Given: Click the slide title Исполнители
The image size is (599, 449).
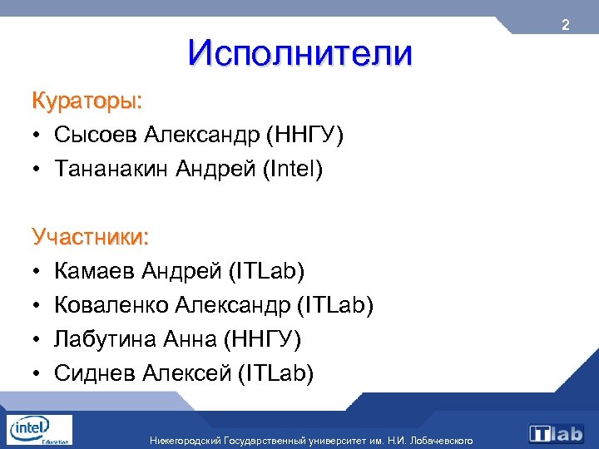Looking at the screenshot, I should click(299, 54).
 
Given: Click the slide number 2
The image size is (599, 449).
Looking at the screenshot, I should click(565, 26).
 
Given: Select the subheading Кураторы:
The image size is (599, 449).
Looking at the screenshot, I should click(87, 101).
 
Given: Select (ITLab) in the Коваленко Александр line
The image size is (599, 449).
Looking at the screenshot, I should click(335, 305).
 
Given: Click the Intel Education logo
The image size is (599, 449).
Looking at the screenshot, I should click(38, 430).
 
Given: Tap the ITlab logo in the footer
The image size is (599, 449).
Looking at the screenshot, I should click(557, 433).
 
